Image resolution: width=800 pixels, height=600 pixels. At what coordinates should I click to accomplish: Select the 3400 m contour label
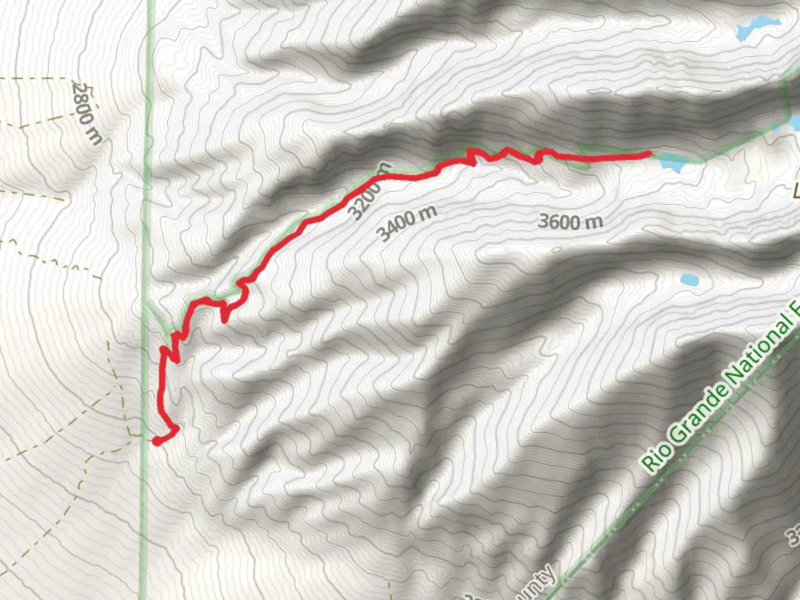(x=407, y=222)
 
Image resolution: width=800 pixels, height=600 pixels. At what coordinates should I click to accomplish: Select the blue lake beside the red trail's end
(x=673, y=163)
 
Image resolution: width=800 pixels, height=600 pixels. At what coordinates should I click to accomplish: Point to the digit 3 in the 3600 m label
(x=543, y=222)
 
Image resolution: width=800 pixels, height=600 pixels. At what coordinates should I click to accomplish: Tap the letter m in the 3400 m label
(x=428, y=212)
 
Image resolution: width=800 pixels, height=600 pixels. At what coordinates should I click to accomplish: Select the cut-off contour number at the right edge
(x=793, y=536)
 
